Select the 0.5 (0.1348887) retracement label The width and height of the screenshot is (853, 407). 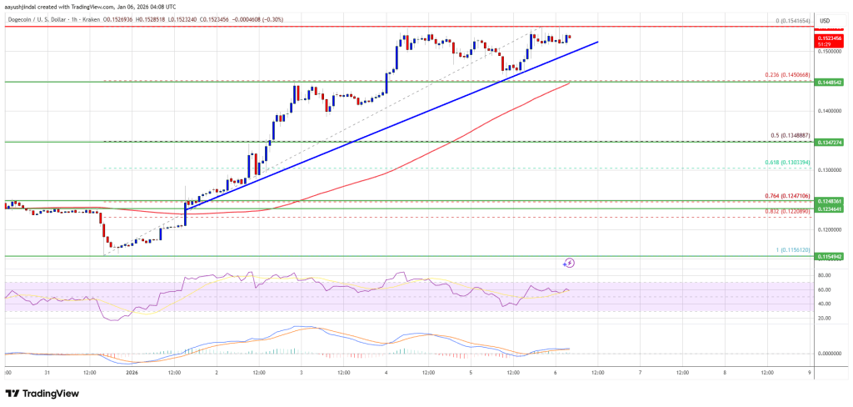point(791,135)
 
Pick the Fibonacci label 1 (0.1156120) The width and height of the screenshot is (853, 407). point(790,249)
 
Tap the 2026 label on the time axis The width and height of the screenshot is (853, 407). point(131,373)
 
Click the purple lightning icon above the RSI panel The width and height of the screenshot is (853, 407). point(570,263)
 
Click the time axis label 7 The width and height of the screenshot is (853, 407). point(639,373)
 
